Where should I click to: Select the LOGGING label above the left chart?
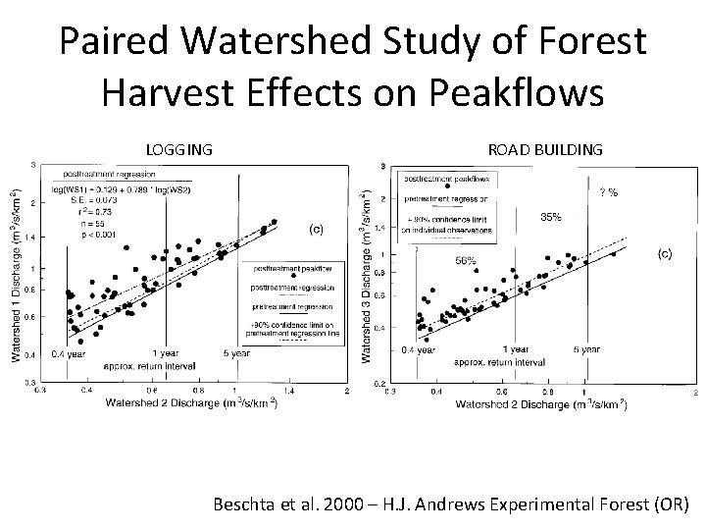pyautogui.click(x=178, y=149)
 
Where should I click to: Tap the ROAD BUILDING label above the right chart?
pyautogui.click(x=544, y=149)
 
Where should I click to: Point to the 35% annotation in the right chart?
pyautogui.click(x=551, y=217)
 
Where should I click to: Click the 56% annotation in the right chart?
pyautogui.click(x=465, y=260)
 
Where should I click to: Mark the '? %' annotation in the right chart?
pyautogui.click(x=608, y=192)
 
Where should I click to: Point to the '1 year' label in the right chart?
pyautogui.click(x=516, y=349)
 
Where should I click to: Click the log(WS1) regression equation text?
pyautogui.click(x=129, y=188)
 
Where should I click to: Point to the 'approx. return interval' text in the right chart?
pyautogui.click(x=499, y=361)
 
